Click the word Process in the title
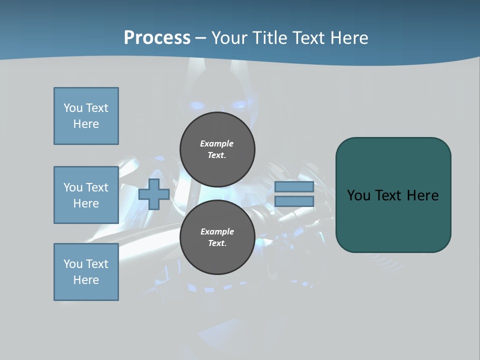tap(157, 38)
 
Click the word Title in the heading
tap(269, 38)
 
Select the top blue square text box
tap(86, 116)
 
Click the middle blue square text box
tap(86, 195)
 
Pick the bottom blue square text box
tap(86, 272)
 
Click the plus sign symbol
tap(154, 194)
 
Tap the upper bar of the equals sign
tap(294, 186)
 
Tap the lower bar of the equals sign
tap(294, 201)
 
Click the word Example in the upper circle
tap(217, 143)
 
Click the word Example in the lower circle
tap(217, 231)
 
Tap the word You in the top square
tap(73, 108)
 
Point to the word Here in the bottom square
tap(86, 280)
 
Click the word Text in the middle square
tap(97, 187)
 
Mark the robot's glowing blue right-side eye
tap(239, 105)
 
